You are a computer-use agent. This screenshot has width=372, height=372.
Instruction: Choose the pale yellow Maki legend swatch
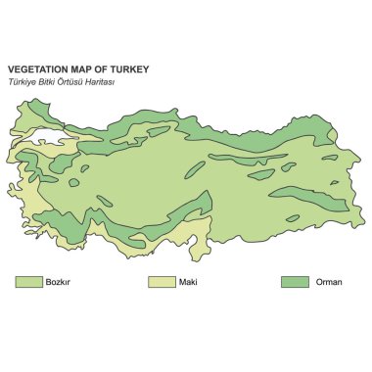(x=161, y=282)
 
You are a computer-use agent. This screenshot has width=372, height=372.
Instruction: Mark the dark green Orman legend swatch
(x=295, y=282)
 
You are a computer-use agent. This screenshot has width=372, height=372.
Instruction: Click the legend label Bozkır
(x=59, y=283)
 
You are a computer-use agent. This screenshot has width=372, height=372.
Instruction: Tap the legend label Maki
(x=188, y=283)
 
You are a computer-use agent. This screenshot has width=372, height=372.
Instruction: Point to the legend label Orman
(x=328, y=283)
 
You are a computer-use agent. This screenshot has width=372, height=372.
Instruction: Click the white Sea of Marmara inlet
(x=49, y=138)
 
